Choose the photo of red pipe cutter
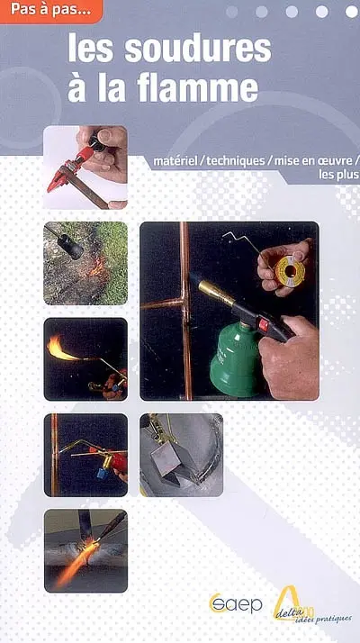[85, 168]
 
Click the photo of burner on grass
[85, 263]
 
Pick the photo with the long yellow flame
[85, 358]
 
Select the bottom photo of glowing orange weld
[85, 550]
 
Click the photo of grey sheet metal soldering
[181, 455]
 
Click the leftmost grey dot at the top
[232, 12]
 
